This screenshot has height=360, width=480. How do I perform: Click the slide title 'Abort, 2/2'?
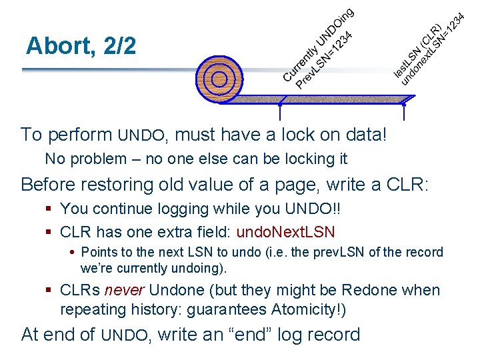click(81, 45)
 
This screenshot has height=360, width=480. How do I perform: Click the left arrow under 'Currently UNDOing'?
click(280, 111)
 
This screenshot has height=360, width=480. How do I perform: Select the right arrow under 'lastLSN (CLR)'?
click(405, 111)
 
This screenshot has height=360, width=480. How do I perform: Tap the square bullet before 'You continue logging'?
click(49, 209)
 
